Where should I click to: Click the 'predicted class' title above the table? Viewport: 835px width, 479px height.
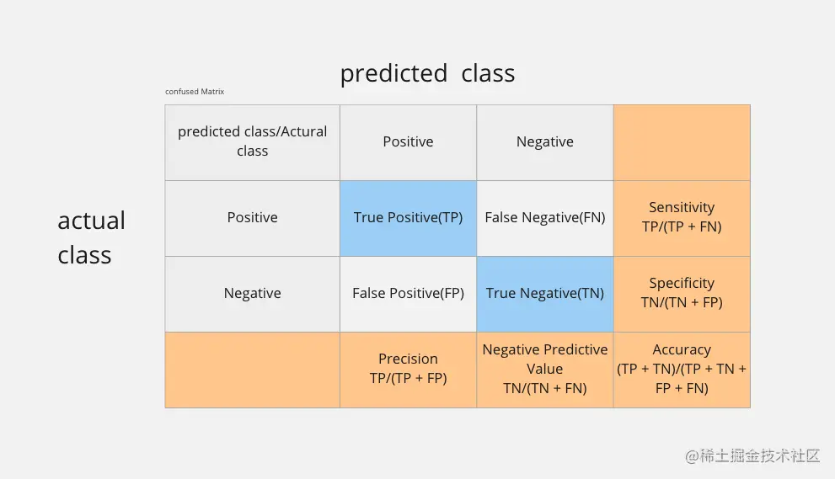coord(428,73)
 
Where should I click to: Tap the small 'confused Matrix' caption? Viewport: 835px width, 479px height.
coord(195,92)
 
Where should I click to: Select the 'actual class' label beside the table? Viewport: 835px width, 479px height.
coord(92,237)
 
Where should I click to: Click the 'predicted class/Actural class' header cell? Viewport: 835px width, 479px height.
coord(253,141)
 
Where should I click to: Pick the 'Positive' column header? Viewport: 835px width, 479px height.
coord(408,141)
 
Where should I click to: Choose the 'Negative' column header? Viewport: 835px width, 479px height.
coord(545,141)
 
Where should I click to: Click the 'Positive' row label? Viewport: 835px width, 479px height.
coord(253,217)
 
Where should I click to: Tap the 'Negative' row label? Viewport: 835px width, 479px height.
coord(253,293)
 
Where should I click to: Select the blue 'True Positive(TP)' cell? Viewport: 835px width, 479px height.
coord(408,218)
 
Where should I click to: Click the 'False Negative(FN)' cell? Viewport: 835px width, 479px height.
coord(545,218)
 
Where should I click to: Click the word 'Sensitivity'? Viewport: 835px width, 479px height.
coord(682,208)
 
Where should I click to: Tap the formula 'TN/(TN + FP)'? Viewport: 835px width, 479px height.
coord(682,303)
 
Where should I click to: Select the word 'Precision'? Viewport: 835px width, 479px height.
coord(408,359)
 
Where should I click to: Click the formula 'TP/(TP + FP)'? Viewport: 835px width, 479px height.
coord(408,379)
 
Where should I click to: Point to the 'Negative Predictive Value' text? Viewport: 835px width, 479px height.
coord(545,359)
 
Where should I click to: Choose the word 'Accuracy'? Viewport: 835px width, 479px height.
coord(682,349)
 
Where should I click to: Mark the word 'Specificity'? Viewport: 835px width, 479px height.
coord(682,283)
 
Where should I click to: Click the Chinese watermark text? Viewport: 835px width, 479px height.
coord(752,456)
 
